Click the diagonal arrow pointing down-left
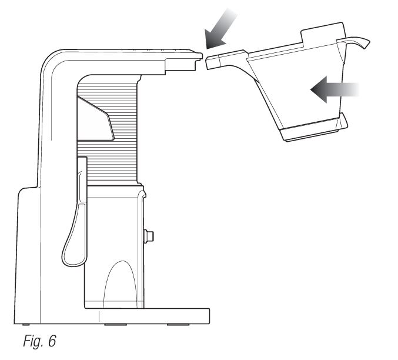point(220,29)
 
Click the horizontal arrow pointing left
point(335,89)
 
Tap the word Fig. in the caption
point(34,341)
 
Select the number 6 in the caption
point(52,341)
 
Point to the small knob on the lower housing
point(149,236)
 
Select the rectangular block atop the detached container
point(323,33)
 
